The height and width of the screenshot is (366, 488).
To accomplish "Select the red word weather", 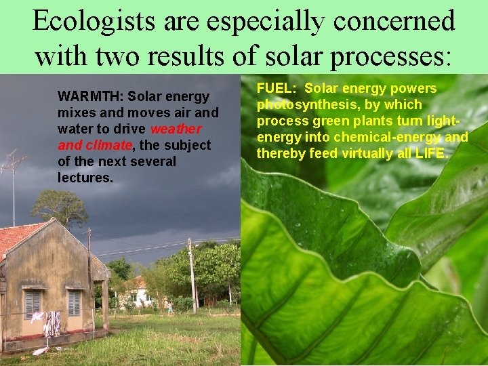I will pos(176,129).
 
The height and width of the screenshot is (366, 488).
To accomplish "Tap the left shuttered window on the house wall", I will pos(33,304).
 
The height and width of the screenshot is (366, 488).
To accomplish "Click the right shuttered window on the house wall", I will pos(73,302).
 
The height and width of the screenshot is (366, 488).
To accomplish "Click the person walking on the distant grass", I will pos(170,308).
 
